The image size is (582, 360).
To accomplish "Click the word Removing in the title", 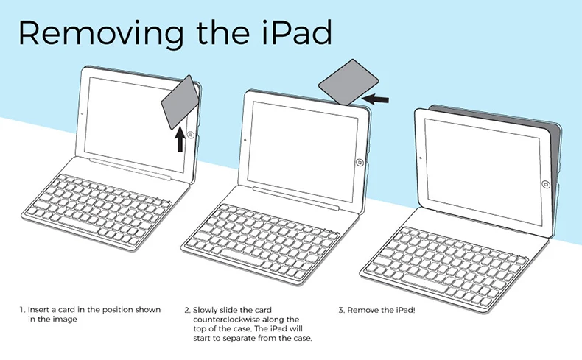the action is pyautogui.click(x=101, y=33).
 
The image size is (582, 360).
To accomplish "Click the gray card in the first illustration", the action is pyautogui.click(x=180, y=102).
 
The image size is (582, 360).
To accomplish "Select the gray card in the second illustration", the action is pyautogui.click(x=348, y=82).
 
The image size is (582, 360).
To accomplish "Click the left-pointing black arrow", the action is pyautogui.click(x=375, y=99).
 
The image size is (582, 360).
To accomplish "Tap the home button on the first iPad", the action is pyautogui.click(x=191, y=135).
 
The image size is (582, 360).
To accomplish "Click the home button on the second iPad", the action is pyautogui.click(x=360, y=163).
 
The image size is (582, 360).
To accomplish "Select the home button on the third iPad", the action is pyautogui.click(x=546, y=184).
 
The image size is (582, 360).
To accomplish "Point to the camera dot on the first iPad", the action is pyautogui.click(x=82, y=114).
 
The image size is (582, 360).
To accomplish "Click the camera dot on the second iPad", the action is pyautogui.click(x=245, y=140).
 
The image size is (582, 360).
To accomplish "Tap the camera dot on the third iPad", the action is pyautogui.click(x=421, y=158).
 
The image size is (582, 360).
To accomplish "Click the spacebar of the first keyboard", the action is pyautogui.click(x=79, y=225).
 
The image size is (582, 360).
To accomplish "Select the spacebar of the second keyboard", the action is pyautogui.click(x=242, y=258).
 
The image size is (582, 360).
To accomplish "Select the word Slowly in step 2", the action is pyautogui.click(x=205, y=311).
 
